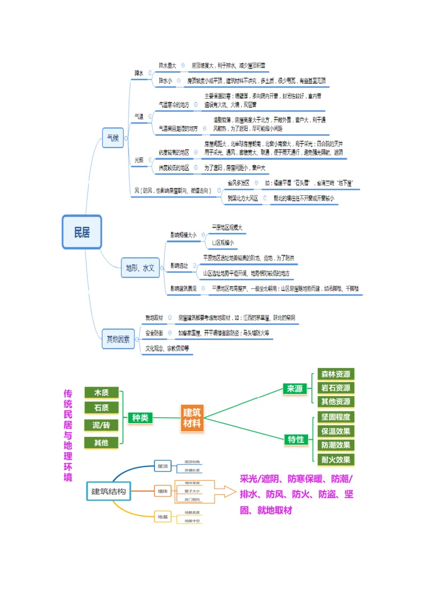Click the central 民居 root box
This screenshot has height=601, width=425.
(x=82, y=232)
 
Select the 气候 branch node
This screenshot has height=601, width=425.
(x=113, y=138)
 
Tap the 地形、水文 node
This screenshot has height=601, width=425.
(x=140, y=268)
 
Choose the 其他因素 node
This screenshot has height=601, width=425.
(x=117, y=339)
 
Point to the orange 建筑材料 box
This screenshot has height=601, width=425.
(x=192, y=418)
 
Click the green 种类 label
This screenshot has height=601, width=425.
(x=140, y=418)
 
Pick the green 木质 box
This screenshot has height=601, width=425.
(x=101, y=393)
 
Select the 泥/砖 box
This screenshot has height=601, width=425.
(x=101, y=425)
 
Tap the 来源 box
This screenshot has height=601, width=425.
(x=295, y=389)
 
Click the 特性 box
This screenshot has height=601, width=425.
(x=296, y=439)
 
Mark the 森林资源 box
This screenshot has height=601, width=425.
(x=336, y=374)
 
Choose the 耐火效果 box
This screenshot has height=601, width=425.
(x=336, y=460)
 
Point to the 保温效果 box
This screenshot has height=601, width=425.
(x=336, y=431)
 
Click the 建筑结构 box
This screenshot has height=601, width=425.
(x=108, y=492)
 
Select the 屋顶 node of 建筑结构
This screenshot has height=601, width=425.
(x=163, y=466)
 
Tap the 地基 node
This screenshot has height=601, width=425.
(x=163, y=517)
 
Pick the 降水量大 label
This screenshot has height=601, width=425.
(x=167, y=65)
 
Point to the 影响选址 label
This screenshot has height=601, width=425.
(x=179, y=265)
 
